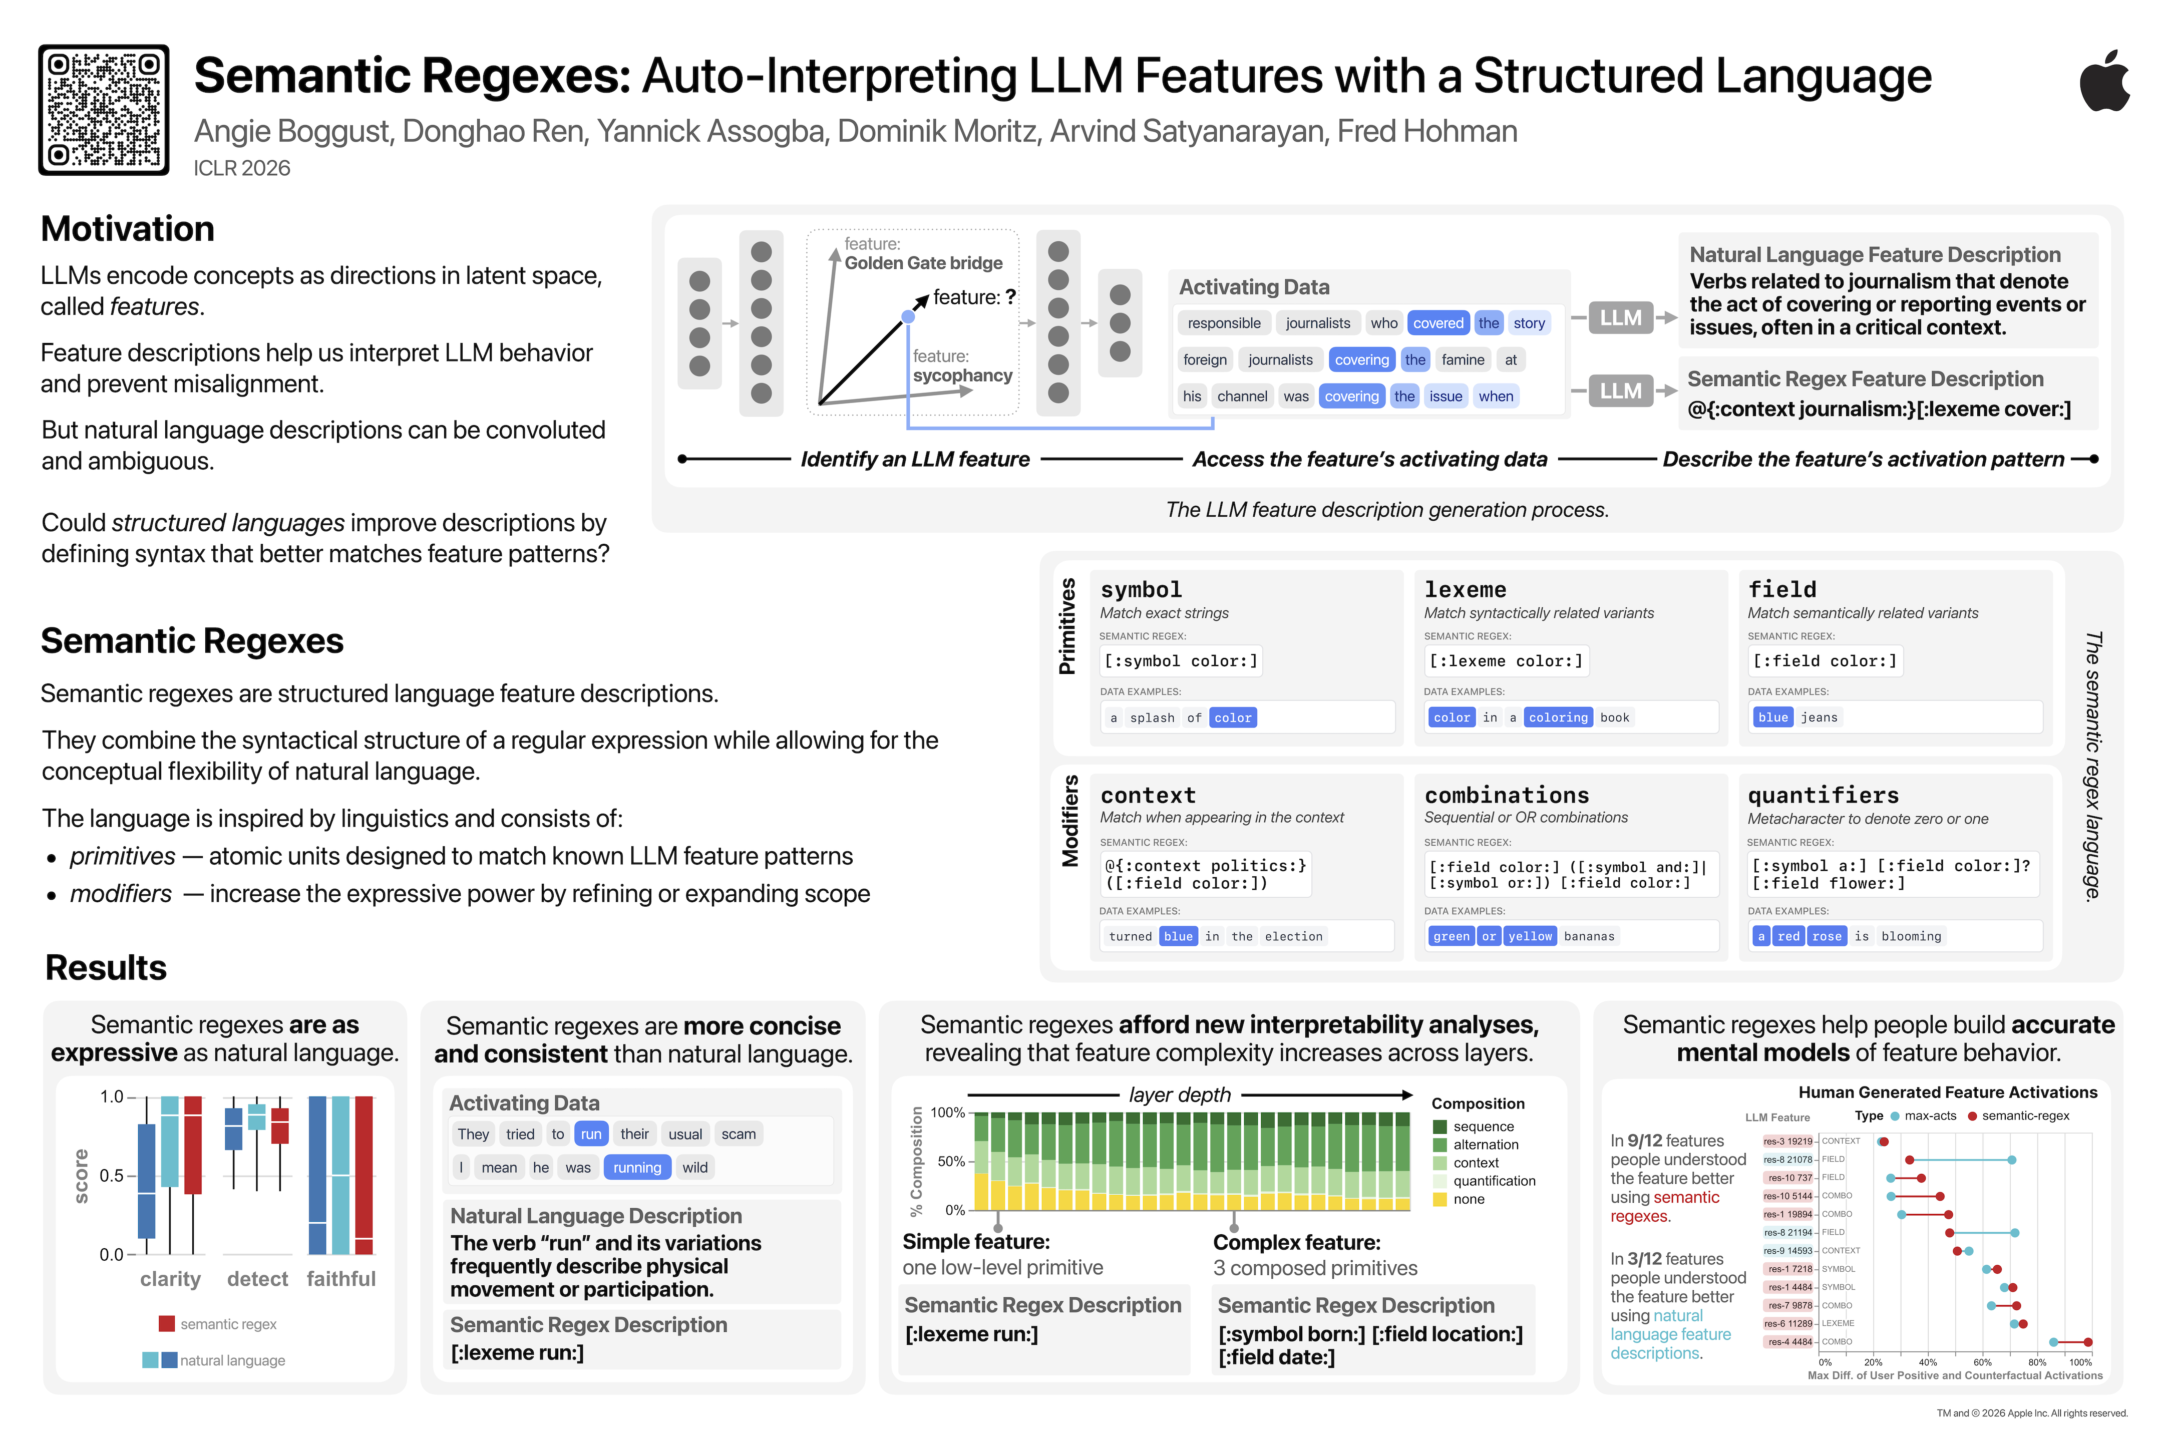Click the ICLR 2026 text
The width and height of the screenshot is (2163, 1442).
tap(242, 168)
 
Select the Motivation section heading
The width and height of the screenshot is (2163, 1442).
tap(128, 229)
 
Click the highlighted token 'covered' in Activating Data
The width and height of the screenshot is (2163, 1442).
tap(1437, 323)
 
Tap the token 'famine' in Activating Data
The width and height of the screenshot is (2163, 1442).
tap(1462, 359)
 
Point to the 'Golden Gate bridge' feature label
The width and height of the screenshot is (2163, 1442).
tap(923, 263)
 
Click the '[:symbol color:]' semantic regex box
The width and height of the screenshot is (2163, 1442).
tap(1181, 661)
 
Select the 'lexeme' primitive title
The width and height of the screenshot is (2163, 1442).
tap(1465, 589)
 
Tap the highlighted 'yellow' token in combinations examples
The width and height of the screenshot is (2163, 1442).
tap(1529, 936)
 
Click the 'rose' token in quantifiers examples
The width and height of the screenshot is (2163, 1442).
tap(1827, 936)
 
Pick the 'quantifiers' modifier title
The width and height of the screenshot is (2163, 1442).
tap(1823, 796)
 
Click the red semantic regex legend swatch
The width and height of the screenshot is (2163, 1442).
tap(166, 1323)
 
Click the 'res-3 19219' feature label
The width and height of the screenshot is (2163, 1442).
tap(1787, 1141)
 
